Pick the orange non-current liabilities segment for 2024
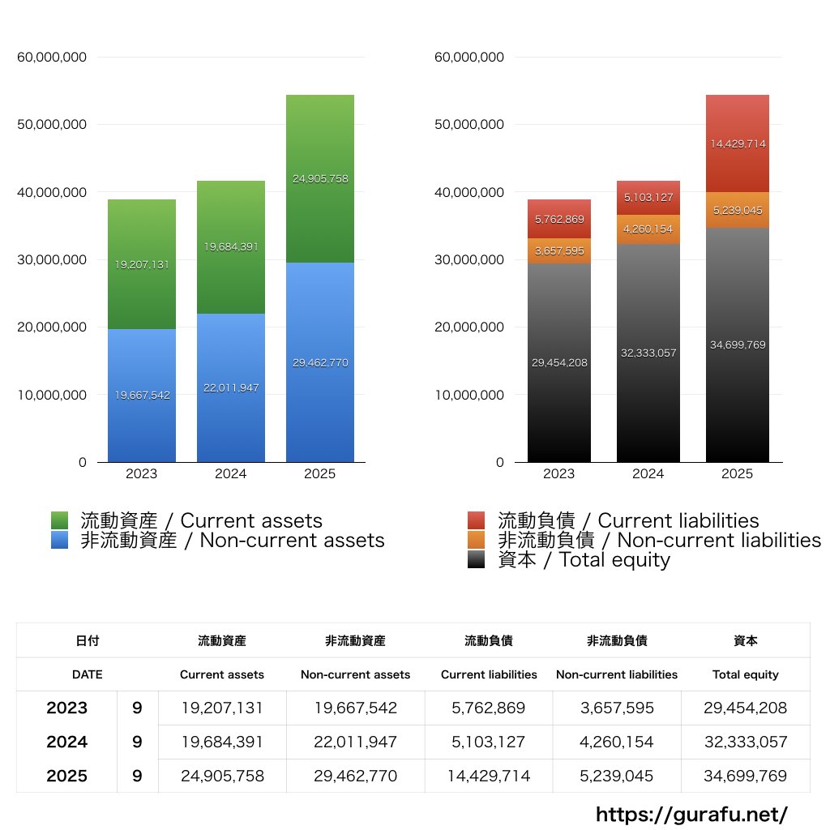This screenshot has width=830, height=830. click(x=648, y=229)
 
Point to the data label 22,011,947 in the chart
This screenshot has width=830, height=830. click(x=231, y=388)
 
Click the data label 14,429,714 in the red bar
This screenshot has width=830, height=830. click(x=737, y=144)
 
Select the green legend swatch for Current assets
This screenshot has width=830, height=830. click(x=60, y=520)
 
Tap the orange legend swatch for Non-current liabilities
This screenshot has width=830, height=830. click(x=477, y=540)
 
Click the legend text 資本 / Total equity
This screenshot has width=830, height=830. click(x=584, y=559)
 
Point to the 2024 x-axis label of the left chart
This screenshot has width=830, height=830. click(x=231, y=474)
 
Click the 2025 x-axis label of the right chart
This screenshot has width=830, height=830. click(x=737, y=474)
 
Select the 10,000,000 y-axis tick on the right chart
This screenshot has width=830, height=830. click(x=469, y=396)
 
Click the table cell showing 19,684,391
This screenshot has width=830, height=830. click(x=222, y=742)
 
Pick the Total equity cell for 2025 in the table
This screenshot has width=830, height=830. click(x=745, y=776)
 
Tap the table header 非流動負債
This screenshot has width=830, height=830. click(x=617, y=640)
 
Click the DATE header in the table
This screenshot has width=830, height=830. click(x=88, y=674)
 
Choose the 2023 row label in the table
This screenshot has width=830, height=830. click(x=66, y=708)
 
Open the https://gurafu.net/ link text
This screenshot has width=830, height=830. click(x=691, y=814)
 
